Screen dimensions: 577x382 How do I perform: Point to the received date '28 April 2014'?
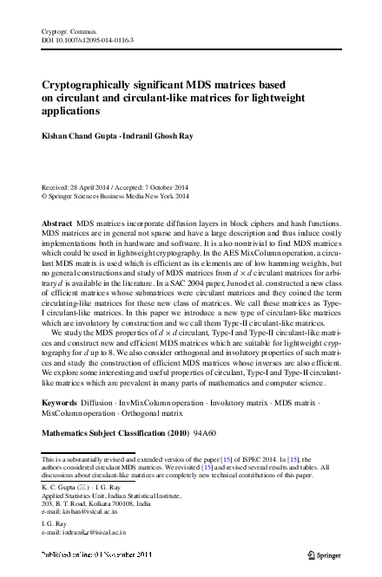89,187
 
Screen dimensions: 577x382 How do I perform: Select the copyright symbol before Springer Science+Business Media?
45,197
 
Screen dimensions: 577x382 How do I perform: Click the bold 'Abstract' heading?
58,224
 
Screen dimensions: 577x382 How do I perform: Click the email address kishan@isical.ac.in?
96,512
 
